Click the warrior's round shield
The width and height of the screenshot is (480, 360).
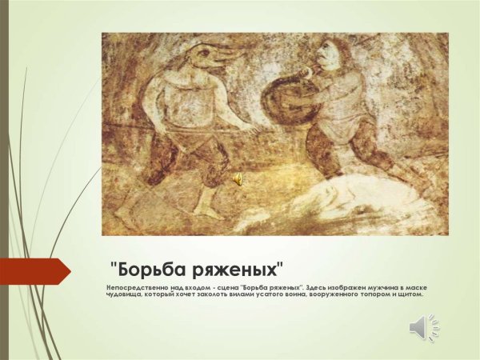click(282, 100)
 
